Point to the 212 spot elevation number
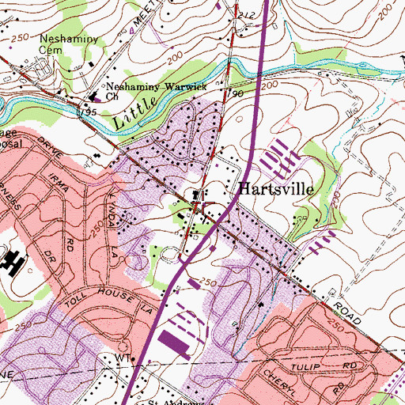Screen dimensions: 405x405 tap(248, 14)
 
